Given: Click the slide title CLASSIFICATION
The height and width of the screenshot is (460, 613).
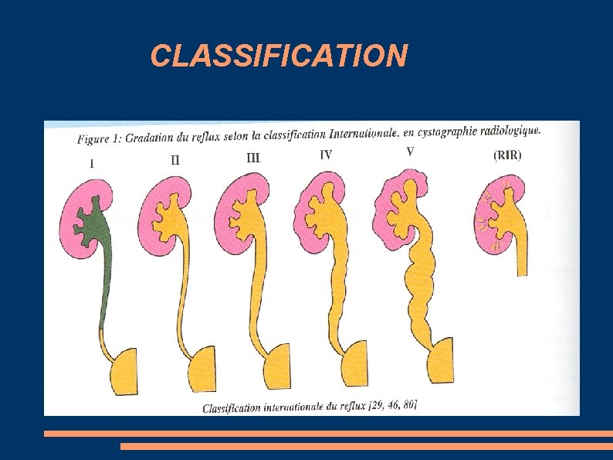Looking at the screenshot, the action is [279, 56].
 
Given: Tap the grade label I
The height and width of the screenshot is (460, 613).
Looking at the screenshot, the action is [93, 163].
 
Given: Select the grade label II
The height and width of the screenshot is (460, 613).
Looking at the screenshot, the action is [175, 161].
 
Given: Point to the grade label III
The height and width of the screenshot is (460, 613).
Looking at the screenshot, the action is [253, 158].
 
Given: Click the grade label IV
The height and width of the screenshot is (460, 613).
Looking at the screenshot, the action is [326, 155].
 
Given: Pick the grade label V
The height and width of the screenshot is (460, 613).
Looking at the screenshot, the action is [409, 152].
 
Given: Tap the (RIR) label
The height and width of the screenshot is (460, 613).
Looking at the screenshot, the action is [506, 155].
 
